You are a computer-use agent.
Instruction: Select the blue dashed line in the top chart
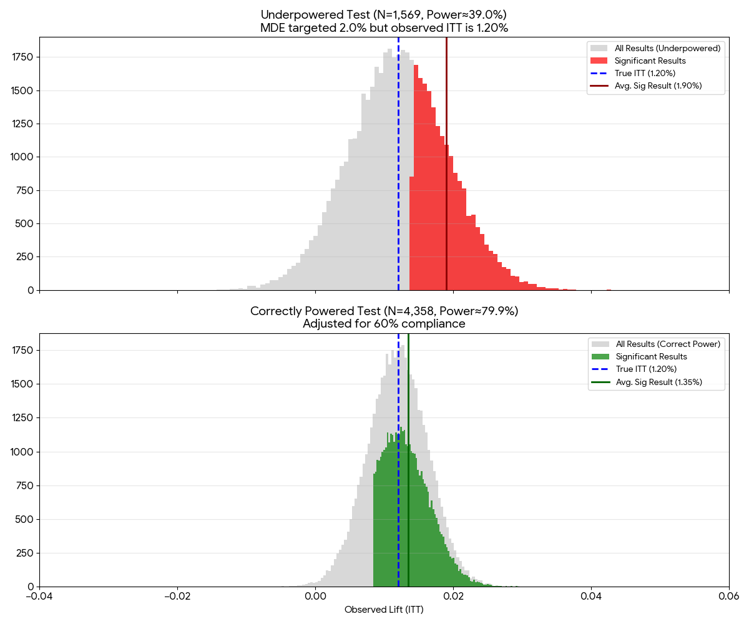[398, 187]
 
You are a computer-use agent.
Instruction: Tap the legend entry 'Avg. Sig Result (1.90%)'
[658, 86]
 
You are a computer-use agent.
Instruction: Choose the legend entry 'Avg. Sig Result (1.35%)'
[658, 382]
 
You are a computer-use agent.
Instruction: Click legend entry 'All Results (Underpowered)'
[667, 48]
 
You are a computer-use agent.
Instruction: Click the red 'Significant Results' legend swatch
[599, 61]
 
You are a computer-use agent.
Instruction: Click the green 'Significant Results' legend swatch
[600, 357]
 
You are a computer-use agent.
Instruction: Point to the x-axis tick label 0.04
[591, 597]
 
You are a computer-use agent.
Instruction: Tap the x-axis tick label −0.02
[177, 597]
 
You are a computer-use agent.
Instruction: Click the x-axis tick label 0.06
[729, 597]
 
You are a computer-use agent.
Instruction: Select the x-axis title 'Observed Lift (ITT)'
[384, 610]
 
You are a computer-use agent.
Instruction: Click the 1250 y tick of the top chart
[22, 124]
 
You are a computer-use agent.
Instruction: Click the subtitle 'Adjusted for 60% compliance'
[384, 324]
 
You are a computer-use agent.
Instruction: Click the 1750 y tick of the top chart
[22, 57]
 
